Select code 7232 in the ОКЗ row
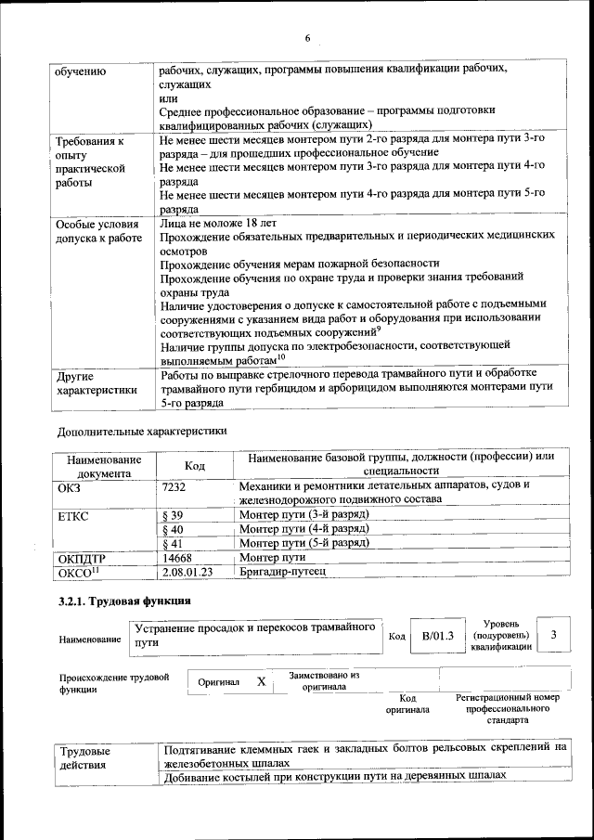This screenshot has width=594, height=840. coord(174,485)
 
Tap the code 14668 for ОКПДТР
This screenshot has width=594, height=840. coord(177,558)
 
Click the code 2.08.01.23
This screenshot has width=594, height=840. coord(187,572)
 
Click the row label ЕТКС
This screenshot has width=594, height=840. coord(73,514)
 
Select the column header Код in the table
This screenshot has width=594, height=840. coord(194,465)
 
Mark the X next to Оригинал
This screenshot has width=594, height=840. coord(262,682)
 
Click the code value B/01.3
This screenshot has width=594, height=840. coord(437,636)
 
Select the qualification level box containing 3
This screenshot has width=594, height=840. coord(553,635)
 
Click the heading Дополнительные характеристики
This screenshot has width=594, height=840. coord(142,431)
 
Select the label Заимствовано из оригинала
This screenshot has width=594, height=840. coord(324,681)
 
